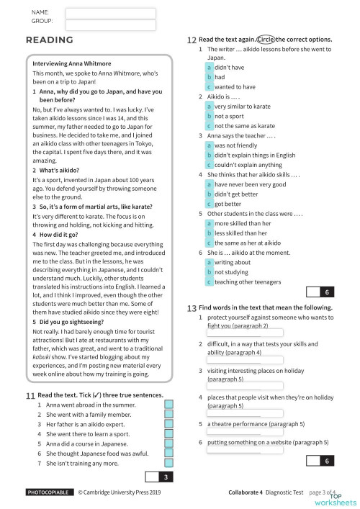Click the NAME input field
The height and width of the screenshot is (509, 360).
point(110,12)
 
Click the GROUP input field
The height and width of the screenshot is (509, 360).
point(110,25)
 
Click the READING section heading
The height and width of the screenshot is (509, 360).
point(49,40)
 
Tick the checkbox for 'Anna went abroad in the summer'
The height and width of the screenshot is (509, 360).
point(169,406)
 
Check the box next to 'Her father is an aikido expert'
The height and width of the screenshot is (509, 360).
point(169,425)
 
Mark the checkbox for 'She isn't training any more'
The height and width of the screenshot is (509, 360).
point(169,464)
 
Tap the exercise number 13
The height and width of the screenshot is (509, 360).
point(191,307)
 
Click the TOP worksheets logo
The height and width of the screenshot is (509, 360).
point(341,498)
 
